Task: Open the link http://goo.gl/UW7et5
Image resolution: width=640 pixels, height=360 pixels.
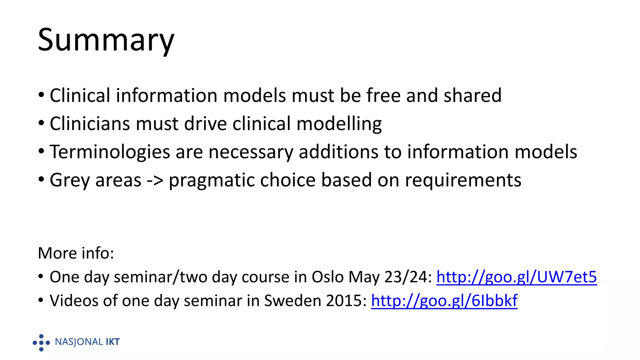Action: (516, 277)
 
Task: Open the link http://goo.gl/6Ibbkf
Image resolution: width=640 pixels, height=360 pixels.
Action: (444, 301)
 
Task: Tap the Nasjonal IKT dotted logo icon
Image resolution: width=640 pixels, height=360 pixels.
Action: (41, 342)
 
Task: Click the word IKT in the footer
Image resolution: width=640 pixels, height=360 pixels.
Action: (112, 342)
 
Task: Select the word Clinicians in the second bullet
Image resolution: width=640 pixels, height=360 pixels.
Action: (89, 123)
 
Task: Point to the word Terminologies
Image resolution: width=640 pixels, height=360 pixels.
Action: (109, 152)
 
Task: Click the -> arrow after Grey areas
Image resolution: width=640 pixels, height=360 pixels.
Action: (155, 180)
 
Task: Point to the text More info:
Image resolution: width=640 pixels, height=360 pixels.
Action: (76, 253)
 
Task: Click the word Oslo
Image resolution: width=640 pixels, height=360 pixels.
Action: (327, 277)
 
